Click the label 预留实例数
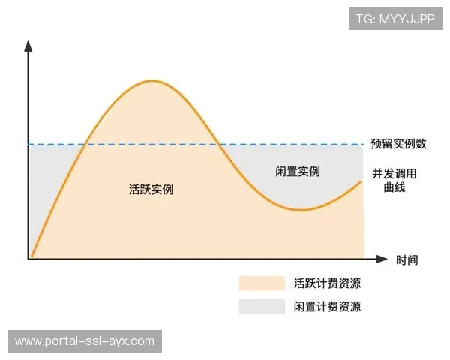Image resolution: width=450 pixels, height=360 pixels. click(x=398, y=143)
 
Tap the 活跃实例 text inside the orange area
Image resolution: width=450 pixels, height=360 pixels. click(x=151, y=190)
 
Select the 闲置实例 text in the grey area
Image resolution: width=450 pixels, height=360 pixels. click(x=298, y=172)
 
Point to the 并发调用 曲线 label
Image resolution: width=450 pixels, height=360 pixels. click(x=394, y=181)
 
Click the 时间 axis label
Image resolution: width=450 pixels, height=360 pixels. click(x=407, y=260)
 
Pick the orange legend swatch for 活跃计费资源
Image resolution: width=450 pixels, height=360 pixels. click(x=262, y=283)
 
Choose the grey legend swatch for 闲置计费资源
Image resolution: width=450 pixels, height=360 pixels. click(x=262, y=306)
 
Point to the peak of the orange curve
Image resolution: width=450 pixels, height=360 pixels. click(x=152, y=80)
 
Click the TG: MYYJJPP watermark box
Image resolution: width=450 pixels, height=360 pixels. click(x=395, y=18)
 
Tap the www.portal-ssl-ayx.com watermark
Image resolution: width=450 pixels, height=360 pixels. click(x=84, y=341)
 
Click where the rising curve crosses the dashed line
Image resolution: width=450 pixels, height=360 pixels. click(x=87, y=144)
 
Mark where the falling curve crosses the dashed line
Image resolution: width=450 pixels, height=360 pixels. click(x=218, y=144)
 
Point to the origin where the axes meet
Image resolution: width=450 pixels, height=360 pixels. click(x=29, y=259)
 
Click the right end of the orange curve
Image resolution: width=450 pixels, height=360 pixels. click(x=362, y=181)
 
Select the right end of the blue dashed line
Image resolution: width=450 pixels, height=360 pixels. click(x=363, y=144)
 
